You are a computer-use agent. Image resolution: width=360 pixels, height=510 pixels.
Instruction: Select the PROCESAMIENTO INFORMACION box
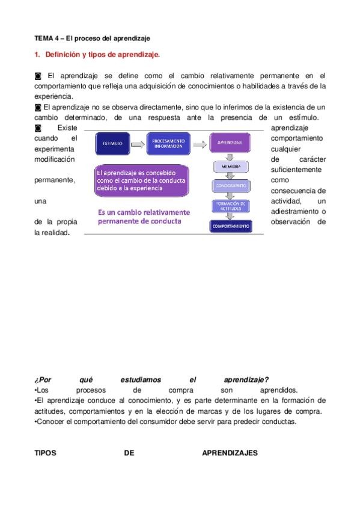[x=169, y=144]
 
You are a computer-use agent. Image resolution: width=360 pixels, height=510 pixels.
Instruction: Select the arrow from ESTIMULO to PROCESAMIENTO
[x=138, y=144]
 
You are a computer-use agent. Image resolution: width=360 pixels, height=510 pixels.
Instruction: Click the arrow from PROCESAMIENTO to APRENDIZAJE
[x=201, y=144]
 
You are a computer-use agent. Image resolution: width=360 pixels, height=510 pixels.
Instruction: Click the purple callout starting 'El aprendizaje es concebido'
[x=141, y=180]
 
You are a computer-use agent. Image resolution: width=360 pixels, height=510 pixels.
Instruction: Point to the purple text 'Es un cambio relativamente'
[x=144, y=212]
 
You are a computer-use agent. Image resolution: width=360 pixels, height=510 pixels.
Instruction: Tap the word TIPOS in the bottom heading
[x=45, y=453]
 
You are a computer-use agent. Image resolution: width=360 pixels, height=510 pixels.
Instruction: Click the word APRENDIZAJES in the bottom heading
[x=230, y=453]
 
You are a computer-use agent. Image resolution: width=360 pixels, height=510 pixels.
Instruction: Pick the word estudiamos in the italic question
[x=141, y=379]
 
